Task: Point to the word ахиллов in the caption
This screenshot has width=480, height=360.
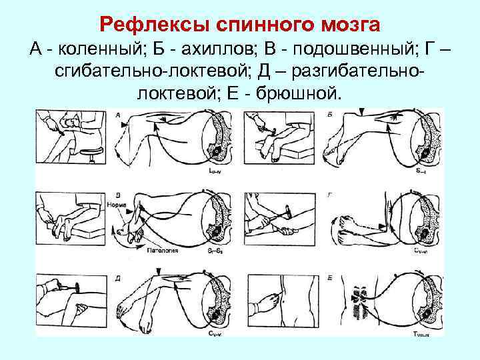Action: point(214,49)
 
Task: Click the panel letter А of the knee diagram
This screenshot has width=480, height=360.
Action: point(119,115)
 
